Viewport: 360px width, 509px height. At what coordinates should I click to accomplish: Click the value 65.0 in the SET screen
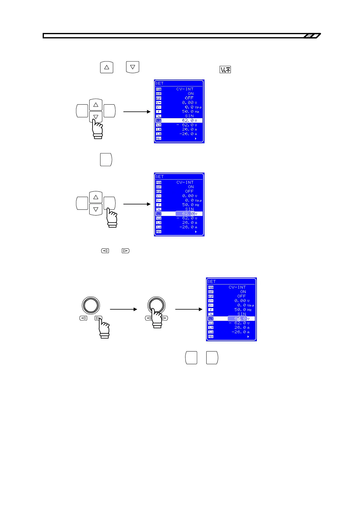240,319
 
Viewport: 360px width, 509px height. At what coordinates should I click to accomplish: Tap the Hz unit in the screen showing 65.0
249,310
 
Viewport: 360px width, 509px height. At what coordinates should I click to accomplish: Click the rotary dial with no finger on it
91,305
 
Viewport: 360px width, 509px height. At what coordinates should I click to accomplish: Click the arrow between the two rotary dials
123,309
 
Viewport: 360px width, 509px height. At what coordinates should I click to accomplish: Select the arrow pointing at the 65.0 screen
189,309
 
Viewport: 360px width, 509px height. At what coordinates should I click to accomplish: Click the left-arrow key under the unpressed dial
83,318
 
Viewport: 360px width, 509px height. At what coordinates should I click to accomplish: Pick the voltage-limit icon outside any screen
225,70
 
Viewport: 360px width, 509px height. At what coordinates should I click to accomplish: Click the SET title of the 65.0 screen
211,281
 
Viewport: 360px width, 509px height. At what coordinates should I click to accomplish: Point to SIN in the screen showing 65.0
241,314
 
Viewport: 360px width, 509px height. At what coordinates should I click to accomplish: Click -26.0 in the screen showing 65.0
239,332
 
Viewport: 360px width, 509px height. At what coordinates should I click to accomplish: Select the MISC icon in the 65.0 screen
211,336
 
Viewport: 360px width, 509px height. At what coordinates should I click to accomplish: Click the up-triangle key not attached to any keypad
106,67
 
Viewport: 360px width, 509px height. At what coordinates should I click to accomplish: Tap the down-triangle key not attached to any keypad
133,67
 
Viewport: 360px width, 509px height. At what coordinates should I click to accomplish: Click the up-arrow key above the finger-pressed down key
96,105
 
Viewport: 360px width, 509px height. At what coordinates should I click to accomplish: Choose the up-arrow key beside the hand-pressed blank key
96,197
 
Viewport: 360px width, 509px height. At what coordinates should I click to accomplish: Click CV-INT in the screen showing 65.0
237,287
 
